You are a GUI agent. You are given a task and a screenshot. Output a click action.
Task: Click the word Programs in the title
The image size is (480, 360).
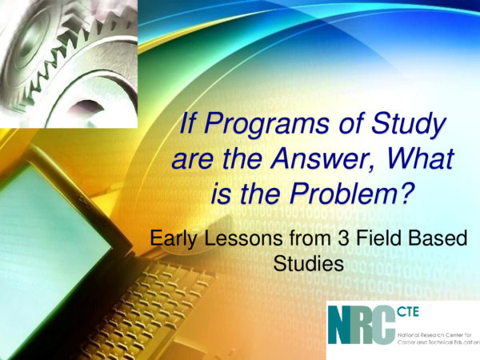click(x=266, y=125)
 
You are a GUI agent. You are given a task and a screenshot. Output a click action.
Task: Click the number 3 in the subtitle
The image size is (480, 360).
click(x=343, y=238)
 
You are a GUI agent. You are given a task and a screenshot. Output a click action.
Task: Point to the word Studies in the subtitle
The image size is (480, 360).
click(x=308, y=263)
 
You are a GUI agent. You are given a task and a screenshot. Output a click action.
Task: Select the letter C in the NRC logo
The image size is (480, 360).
click(x=383, y=326)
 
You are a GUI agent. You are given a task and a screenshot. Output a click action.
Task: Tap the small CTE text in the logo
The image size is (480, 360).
click(x=408, y=313)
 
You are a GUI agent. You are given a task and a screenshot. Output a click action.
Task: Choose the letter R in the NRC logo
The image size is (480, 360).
click(x=362, y=326)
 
